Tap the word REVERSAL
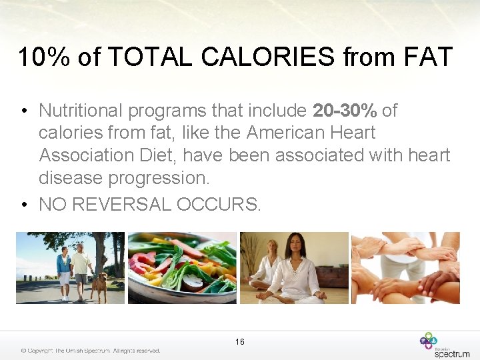122,205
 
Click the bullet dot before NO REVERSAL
23,205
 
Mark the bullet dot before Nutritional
23,110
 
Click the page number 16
240,342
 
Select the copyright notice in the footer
91,351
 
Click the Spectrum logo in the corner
445,345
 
